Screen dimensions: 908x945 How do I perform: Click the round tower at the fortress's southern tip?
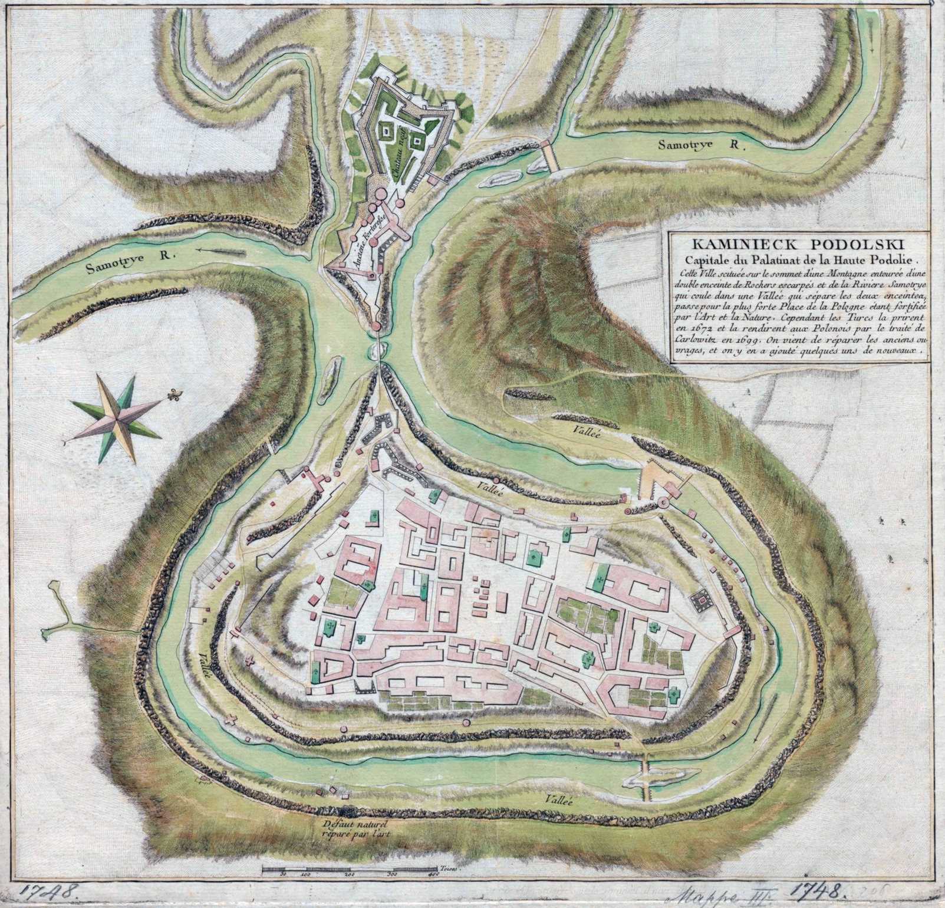[376, 326]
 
